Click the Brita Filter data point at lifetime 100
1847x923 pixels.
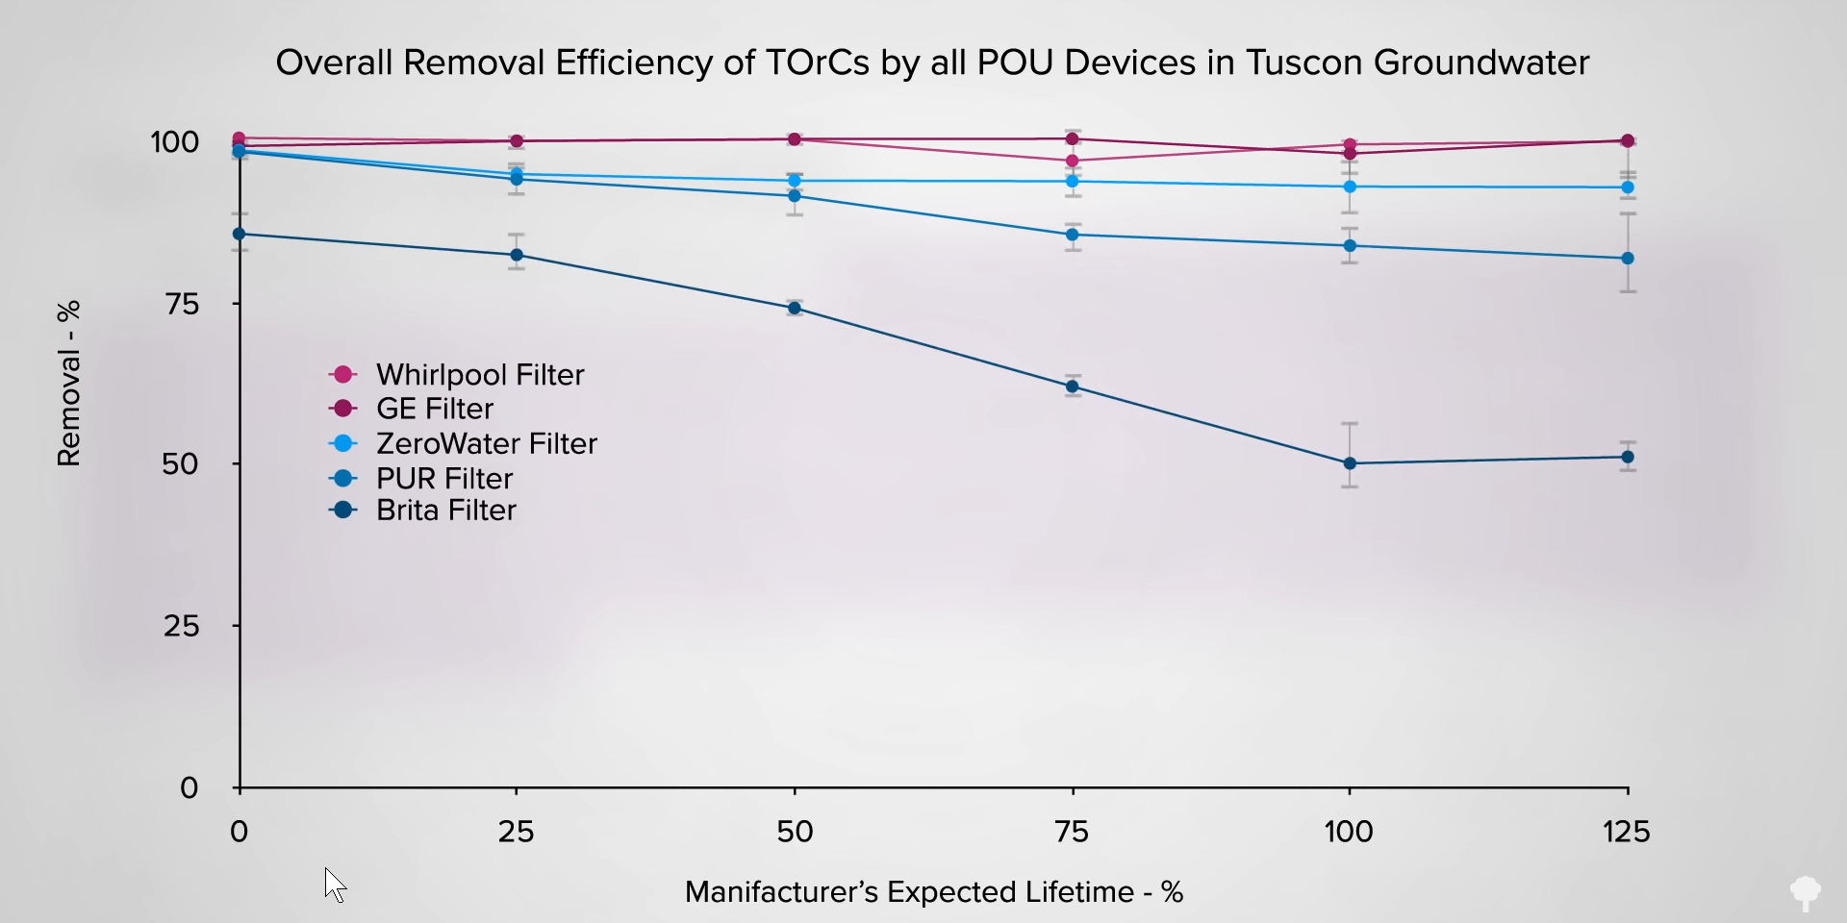point(1350,463)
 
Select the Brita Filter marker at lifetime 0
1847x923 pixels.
point(239,234)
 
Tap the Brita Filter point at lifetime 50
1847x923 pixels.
point(795,309)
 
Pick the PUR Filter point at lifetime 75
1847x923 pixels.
point(1073,235)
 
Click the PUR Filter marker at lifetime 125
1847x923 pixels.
point(1628,259)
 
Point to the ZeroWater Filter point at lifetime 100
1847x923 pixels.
point(1350,187)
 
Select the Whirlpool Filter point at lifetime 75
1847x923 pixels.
point(1073,162)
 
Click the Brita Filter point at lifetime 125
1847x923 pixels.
point(1628,457)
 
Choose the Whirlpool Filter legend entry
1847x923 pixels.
point(479,375)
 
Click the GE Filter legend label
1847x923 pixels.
point(434,409)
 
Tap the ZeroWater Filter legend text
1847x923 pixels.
point(486,443)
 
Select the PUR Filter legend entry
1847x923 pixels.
point(443,478)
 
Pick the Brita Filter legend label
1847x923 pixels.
point(445,511)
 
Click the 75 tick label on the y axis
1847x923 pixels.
point(182,305)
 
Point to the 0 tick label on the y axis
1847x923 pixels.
point(190,788)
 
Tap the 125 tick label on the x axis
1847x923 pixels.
point(1627,832)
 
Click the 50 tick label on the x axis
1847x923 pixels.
point(795,832)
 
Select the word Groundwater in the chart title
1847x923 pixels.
point(1481,62)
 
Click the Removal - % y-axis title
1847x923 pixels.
point(68,384)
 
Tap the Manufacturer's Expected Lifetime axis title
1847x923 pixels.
point(933,892)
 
